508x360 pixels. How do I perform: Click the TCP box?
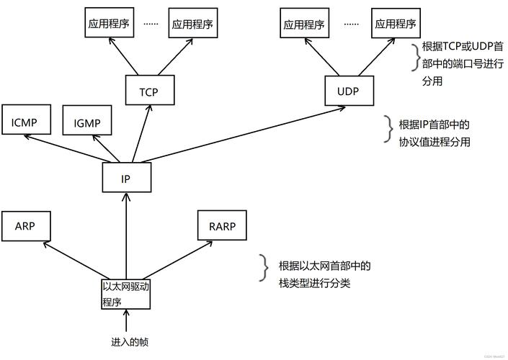coord(149,91)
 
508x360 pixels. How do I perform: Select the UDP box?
coord(347,91)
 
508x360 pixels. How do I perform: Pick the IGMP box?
coord(87,123)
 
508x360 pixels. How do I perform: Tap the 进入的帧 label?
coord(130,341)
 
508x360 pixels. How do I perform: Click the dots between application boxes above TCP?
coord(151,23)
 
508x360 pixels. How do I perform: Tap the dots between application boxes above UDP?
coord(351,23)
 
